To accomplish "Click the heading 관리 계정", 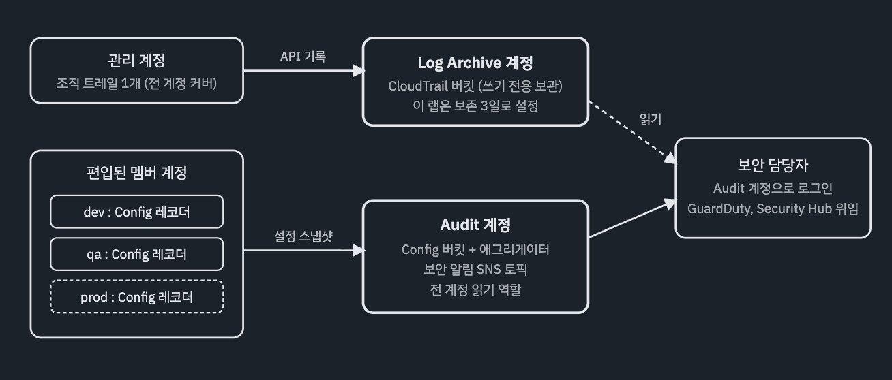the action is (136, 61).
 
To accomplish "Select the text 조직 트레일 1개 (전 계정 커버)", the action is (136, 84).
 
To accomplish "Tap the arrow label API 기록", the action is (303, 57).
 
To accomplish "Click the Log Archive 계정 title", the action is (475, 63).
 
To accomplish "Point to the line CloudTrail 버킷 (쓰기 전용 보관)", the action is (475, 86).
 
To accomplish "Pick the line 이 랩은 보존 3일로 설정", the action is (475, 106).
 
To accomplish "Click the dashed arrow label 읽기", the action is (651, 119).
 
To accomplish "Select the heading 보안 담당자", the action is (773, 165).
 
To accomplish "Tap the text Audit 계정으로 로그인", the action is (773, 189).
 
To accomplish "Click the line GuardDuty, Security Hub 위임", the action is (773, 208).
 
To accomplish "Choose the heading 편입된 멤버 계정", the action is (136, 173).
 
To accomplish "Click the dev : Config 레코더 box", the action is (136, 212).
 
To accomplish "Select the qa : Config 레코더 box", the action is (136, 255).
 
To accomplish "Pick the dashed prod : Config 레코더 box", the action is (136, 297).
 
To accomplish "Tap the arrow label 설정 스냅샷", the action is (303, 236).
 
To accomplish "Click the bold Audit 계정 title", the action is (475, 225).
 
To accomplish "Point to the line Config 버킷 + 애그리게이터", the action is (475, 250).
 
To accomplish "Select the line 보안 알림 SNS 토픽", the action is (475, 270).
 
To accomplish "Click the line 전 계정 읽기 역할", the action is (475, 290).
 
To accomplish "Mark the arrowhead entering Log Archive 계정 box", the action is (359, 71).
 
